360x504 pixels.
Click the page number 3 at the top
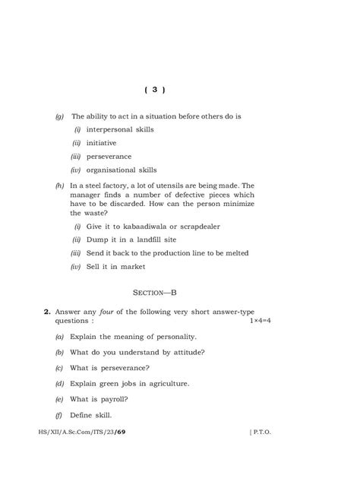(154, 90)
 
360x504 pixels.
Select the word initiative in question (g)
(103, 143)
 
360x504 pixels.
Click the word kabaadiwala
(145, 227)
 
